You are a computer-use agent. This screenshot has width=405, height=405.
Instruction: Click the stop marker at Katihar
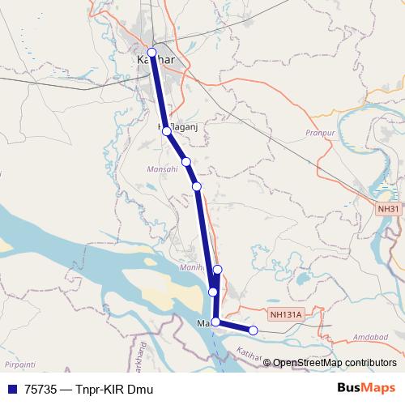pos(151,52)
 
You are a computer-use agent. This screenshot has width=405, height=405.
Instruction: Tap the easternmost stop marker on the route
pos(253,330)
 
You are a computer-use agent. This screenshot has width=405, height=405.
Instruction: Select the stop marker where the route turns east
pos(215,322)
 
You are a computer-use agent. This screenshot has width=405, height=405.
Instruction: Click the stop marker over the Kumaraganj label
pos(166,130)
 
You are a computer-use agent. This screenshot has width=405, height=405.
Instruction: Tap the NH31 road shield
pos(389,208)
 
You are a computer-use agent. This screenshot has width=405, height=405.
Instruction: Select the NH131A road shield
pos(285,313)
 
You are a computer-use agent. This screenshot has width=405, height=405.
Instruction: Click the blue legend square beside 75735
pos(11,389)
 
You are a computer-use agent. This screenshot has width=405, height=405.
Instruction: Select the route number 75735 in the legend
pos(41,389)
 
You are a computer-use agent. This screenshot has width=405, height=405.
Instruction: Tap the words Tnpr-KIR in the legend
pos(100,389)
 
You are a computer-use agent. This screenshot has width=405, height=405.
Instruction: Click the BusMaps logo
pos(366,388)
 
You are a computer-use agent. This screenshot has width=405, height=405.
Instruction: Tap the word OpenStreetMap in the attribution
pos(309,363)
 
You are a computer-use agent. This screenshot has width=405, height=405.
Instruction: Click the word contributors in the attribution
pos(370,363)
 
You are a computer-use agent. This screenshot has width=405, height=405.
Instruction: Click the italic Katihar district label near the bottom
pos(251,355)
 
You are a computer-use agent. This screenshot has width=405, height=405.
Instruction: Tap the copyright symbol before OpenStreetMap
pos(267,363)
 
